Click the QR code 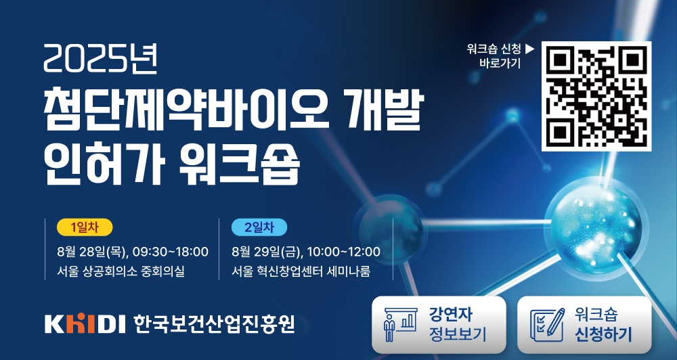pyautogui.click(x=596, y=96)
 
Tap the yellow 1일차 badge pyautogui.click(x=85, y=227)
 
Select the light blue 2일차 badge pyautogui.click(x=259, y=227)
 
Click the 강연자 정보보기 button pyautogui.click(x=439, y=325)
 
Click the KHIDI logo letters pyautogui.click(x=85, y=323)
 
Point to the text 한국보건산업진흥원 pyautogui.click(x=214, y=323)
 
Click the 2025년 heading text pyautogui.click(x=100, y=59)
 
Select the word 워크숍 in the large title pyautogui.click(x=239, y=164)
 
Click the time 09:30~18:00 pyautogui.click(x=171, y=251)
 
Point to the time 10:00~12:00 pyautogui.click(x=344, y=251)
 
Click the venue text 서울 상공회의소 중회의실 pyautogui.click(x=121, y=271)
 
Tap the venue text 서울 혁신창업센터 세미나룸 pyautogui.click(x=301, y=271)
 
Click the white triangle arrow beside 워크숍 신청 pyautogui.click(x=530, y=49)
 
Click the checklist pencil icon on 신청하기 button pyautogui.click(x=547, y=325)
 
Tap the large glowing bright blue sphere pyautogui.click(x=596, y=228)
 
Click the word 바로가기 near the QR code pyautogui.click(x=500, y=63)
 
